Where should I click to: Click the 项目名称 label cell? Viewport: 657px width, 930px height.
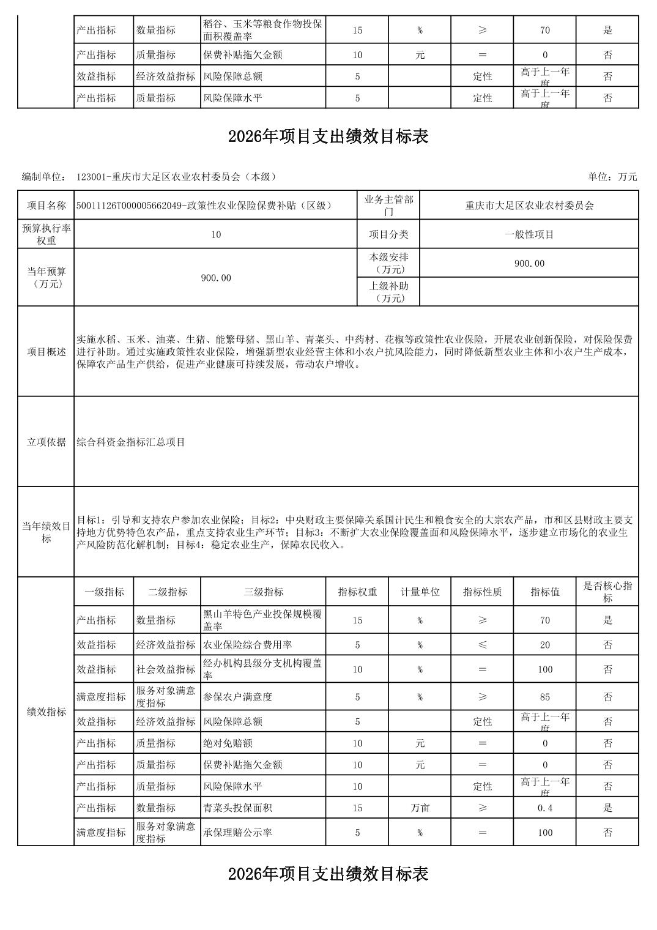tap(46, 206)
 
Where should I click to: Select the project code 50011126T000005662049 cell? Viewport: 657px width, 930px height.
tap(204, 206)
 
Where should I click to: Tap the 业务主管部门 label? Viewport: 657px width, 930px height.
tap(388, 206)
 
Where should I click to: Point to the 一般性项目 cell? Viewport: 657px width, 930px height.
tap(529, 234)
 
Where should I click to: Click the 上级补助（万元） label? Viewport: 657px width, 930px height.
tap(388, 292)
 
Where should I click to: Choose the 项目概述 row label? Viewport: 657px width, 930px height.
tap(46, 352)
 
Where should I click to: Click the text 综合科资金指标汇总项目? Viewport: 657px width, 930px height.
tap(131, 442)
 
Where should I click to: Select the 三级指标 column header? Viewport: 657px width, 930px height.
tap(263, 592)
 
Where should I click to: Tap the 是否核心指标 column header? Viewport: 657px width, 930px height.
tap(607, 592)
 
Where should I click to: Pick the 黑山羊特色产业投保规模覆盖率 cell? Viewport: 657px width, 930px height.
tap(263, 620)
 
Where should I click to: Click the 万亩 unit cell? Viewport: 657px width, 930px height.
tap(420, 808)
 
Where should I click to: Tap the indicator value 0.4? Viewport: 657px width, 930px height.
tap(545, 808)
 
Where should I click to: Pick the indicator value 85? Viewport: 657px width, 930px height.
tap(545, 697)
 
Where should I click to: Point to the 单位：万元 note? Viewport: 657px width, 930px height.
tap(612, 177)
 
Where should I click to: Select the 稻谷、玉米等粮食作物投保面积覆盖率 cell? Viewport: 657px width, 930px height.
tap(263, 30)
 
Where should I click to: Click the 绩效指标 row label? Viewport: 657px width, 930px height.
tap(46, 712)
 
